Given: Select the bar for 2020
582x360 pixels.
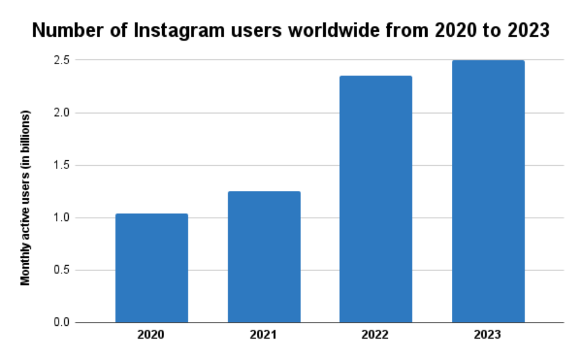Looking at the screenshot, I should tap(152, 268).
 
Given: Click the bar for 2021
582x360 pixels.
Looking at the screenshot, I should tap(264, 257).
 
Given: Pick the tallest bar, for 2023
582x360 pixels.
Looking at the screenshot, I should tap(488, 192).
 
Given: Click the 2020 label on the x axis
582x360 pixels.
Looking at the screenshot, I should tap(152, 335).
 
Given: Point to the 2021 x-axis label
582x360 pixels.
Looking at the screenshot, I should tap(264, 335).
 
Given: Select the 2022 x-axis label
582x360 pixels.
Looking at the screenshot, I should tap(376, 335).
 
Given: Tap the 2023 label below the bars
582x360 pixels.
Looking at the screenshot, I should tap(488, 335).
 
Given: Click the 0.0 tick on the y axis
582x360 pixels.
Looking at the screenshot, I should tap(62, 323).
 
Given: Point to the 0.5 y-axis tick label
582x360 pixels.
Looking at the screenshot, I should tap(62, 271).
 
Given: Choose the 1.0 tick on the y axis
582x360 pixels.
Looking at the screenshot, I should tap(62, 218).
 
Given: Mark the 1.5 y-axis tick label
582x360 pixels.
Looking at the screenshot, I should tap(62, 165).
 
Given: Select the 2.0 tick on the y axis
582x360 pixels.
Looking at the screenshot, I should tap(62, 113).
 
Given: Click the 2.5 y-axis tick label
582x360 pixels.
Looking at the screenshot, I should tap(62, 60).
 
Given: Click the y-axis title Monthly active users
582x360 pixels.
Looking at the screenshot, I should tap(25, 199).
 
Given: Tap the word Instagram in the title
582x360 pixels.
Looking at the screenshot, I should tap(159, 31).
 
